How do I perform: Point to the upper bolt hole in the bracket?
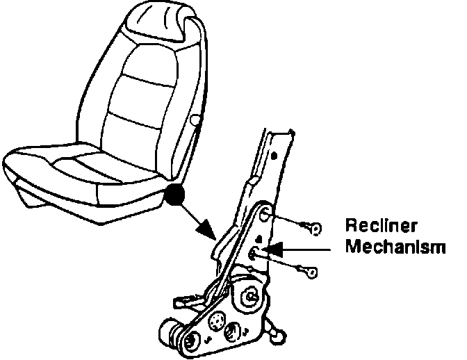267,217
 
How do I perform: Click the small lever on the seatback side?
195,123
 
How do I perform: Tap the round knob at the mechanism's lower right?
277,334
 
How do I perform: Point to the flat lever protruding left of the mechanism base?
182,301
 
